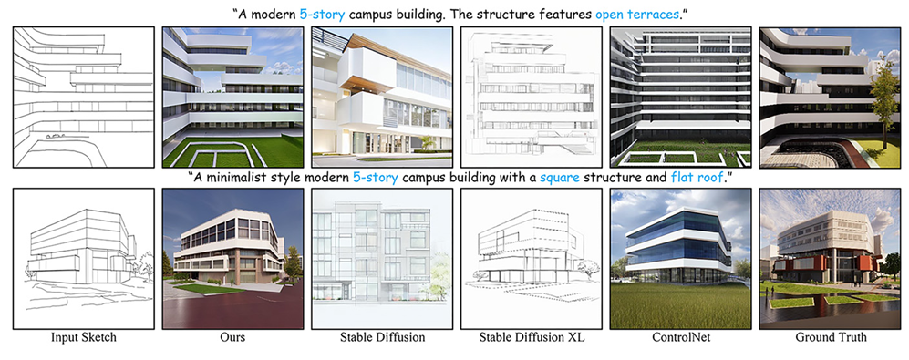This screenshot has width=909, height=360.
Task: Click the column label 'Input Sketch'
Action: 84,337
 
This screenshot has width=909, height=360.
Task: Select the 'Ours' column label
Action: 232,337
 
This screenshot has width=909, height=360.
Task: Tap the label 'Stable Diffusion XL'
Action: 532,337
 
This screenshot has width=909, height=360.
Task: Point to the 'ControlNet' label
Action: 680,337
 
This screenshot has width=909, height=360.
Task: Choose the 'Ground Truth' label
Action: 831,337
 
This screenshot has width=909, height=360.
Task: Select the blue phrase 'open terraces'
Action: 636,15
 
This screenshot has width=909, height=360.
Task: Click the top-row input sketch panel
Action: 84,97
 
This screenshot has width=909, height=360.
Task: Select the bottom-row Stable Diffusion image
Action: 382,259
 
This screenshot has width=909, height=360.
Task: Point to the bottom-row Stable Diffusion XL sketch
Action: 531,259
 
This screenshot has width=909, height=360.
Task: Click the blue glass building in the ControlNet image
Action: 677,242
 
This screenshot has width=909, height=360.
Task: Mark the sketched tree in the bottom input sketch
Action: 145,267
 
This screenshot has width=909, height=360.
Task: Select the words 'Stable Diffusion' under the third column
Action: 382,337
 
